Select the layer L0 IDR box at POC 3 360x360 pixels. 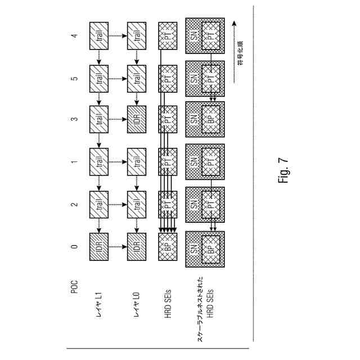click(x=137, y=120)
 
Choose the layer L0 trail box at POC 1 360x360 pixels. click(x=137, y=162)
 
